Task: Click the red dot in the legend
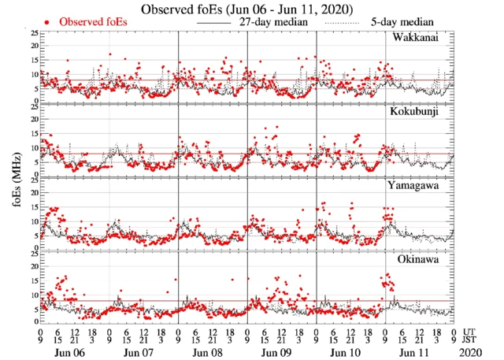coord(50,23)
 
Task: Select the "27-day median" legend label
coord(273,22)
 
